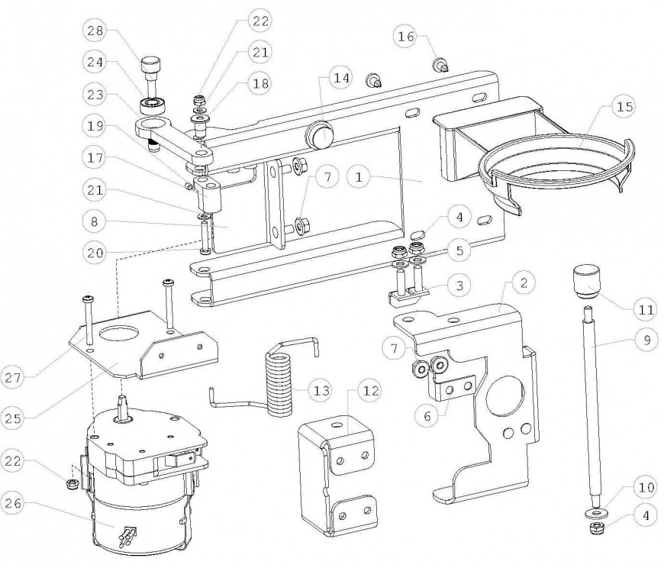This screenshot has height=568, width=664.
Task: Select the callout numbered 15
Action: (624, 108)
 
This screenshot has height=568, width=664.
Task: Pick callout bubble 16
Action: (406, 35)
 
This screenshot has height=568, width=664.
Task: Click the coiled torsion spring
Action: (279, 379)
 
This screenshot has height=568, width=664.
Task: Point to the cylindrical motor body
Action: (137, 519)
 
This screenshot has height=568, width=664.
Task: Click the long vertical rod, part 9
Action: (591, 405)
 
